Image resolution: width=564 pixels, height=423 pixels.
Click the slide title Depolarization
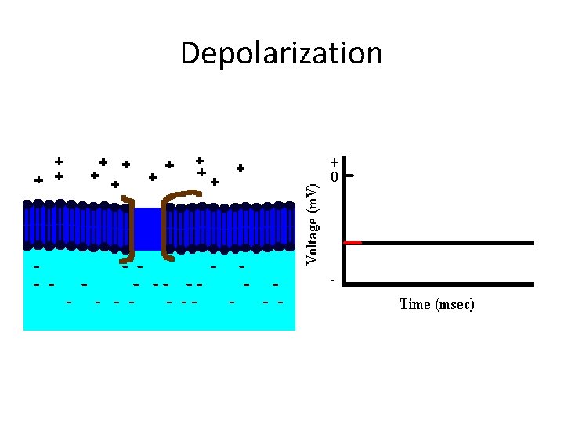pyautogui.click(x=281, y=54)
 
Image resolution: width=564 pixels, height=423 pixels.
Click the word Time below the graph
pyautogui.click(x=415, y=304)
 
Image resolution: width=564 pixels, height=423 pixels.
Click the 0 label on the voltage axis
pyautogui.click(x=334, y=177)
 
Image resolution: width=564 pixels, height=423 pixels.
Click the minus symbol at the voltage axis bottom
pyautogui.click(x=333, y=280)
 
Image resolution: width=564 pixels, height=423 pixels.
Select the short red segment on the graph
pyautogui.click(x=353, y=243)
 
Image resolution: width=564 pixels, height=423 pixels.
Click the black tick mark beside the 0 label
pyautogui.click(x=350, y=176)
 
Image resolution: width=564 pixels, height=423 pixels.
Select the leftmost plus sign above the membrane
pyautogui.click(x=38, y=179)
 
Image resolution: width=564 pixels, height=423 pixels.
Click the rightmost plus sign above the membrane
pyautogui.click(x=240, y=168)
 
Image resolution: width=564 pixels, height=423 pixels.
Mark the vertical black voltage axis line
pyautogui.click(x=345, y=227)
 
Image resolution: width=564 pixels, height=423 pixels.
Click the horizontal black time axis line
pyautogui.click(x=439, y=283)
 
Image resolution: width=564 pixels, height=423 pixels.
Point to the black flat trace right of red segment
pyautogui.click(x=446, y=243)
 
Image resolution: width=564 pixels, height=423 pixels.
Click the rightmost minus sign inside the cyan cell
pyautogui.click(x=280, y=302)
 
